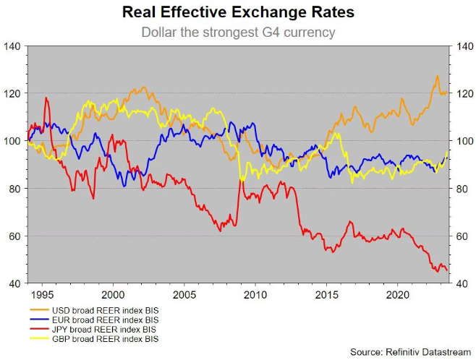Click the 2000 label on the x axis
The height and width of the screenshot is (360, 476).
click(x=112, y=295)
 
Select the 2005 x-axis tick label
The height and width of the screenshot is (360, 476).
click(x=184, y=295)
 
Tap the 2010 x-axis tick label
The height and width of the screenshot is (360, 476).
click(x=255, y=295)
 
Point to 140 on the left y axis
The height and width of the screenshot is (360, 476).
click(x=13, y=46)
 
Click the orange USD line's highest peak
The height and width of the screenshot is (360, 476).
click(x=437, y=76)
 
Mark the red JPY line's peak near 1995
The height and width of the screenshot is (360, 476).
click(x=46, y=98)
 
